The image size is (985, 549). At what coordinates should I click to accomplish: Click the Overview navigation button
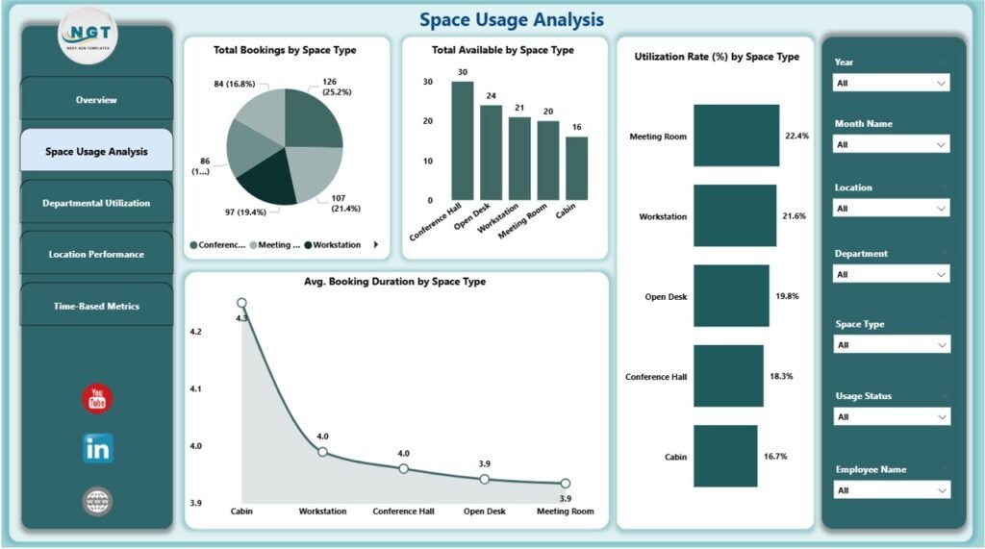pos(96,100)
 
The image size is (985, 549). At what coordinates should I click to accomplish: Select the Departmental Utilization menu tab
pos(96,203)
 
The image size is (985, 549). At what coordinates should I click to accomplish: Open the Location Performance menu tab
pos(96,255)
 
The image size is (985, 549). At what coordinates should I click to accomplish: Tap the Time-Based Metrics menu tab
pos(96,307)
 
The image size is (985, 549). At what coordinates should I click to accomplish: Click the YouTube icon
pos(97,399)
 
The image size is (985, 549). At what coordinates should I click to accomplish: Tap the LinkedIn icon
pos(97,448)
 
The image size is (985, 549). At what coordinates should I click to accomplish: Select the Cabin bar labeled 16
pos(577,168)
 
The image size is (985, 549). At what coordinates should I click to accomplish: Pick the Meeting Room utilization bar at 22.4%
pos(736,136)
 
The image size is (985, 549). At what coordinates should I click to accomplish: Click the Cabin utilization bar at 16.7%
pos(725,456)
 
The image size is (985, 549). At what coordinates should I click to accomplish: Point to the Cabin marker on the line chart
pos(241,304)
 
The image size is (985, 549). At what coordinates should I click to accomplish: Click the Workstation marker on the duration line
pos(323,452)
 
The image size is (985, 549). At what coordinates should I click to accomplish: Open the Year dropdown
pos(892,84)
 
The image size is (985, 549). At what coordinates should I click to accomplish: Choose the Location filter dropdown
pos(892,209)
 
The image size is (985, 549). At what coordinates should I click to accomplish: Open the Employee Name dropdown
pos(892,490)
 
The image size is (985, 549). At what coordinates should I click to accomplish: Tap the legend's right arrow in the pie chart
pos(375,245)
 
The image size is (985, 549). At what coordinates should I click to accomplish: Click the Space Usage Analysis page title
pos(512,19)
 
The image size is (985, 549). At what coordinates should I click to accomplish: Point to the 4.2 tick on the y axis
pos(196,332)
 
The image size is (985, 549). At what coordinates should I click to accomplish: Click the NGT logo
pos(88,35)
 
